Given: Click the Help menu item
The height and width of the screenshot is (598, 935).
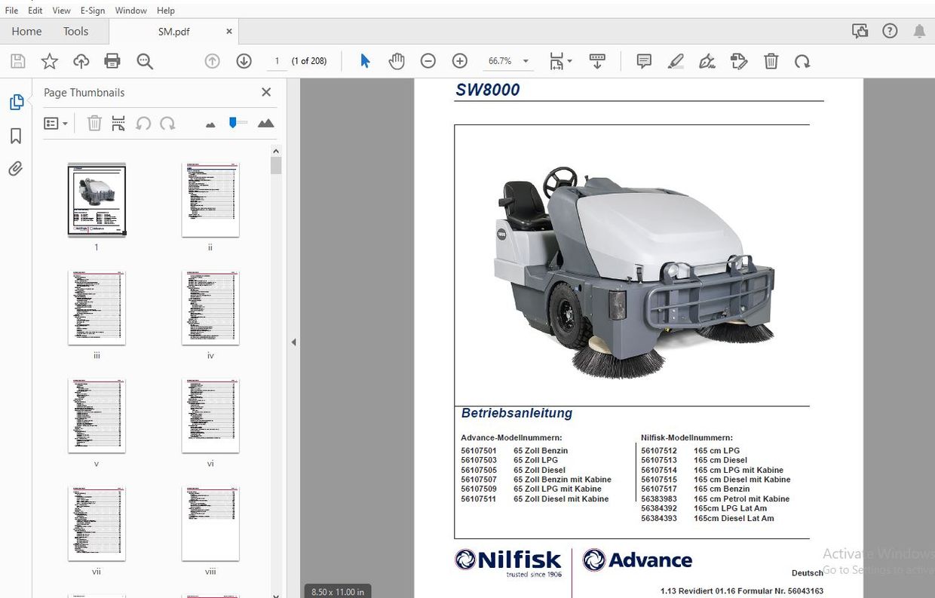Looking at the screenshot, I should click(165, 11).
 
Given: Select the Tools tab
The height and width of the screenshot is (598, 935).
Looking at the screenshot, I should click(75, 32).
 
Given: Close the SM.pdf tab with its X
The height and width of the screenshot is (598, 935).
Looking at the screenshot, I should click(229, 32).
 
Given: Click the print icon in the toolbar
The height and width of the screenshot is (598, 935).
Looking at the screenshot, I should click(112, 62).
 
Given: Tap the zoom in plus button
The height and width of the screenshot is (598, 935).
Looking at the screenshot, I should click(460, 62).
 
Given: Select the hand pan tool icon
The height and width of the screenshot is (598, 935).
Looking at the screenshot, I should click(397, 62).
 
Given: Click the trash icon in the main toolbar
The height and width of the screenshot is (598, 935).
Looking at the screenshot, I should click(771, 62).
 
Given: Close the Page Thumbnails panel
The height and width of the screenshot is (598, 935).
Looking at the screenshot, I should click(266, 92).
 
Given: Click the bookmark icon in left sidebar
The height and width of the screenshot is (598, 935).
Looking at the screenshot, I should click(16, 136).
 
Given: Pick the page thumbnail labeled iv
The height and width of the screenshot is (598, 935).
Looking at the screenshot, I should click(210, 308).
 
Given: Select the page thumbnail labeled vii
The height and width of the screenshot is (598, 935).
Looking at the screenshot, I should click(97, 523).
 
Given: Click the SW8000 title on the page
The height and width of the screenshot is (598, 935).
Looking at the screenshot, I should click(487, 90).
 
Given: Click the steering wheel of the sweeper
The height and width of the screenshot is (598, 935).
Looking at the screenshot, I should click(559, 179).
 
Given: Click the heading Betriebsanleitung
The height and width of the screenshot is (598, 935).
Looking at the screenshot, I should click(517, 413).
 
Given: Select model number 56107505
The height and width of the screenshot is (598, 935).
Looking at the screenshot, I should click(479, 470).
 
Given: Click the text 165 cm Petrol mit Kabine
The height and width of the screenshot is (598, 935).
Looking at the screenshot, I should click(741, 498).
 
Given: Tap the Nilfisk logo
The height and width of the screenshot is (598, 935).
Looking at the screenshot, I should click(508, 561).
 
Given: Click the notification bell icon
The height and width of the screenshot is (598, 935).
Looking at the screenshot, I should click(919, 32).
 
